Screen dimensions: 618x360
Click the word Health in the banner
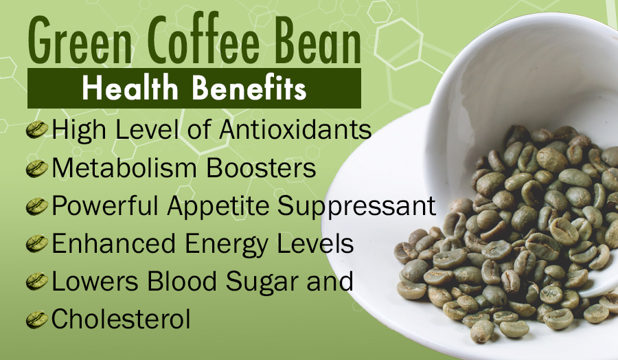pos(130,88)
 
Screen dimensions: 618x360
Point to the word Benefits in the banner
pos(249,88)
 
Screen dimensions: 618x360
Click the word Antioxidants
pos(295,129)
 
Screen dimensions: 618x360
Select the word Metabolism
pos(124,168)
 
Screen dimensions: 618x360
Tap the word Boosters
pos(261,168)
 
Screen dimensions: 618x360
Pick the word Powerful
pos(105,205)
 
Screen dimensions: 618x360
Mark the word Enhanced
pos(114,243)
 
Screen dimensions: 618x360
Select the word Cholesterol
pos(121,319)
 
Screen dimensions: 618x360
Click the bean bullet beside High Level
pos(37,129)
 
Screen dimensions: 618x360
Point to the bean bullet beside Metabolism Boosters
pos(37,168)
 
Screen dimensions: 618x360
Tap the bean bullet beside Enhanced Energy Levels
pos(37,244)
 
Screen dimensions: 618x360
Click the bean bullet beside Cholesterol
pos(37,319)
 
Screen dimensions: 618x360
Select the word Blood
pos(181,281)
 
